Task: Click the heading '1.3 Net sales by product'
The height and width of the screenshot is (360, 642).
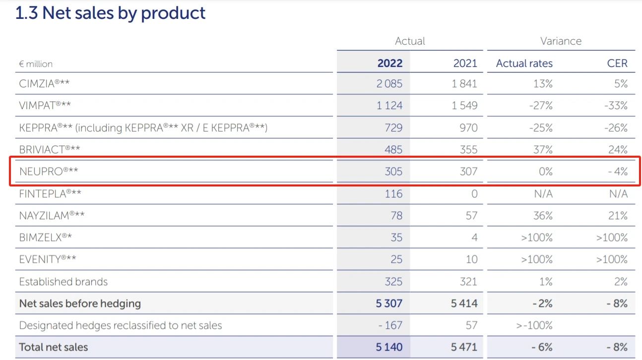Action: tap(110, 13)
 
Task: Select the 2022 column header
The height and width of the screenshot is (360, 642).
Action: tap(389, 63)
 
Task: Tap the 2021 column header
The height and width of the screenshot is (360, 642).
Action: tap(465, 63)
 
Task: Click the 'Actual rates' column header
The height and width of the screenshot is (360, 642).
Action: tap(524, 63)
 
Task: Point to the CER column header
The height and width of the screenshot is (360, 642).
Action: tap(617, 63)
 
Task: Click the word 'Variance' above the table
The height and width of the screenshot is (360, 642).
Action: tap(561, 41)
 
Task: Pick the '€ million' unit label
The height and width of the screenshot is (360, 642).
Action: tap(36, 64)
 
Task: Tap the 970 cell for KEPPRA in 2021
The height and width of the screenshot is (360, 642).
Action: tap(468, 127)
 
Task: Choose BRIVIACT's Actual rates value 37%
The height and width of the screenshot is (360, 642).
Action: tap(543, 149)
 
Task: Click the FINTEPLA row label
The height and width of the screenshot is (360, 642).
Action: tap(50, 193)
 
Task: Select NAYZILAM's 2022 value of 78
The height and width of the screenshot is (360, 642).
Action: tap(393, 216)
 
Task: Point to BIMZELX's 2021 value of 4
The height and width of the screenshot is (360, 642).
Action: tap(474, 238)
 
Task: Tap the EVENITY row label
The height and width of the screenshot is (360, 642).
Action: tap(48, 259)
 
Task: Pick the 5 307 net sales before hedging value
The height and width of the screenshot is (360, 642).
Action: tap(389, 303)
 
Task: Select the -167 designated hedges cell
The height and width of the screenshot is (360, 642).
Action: tap(390, 325)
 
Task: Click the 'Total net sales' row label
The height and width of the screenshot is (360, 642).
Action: tap(54, 347)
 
